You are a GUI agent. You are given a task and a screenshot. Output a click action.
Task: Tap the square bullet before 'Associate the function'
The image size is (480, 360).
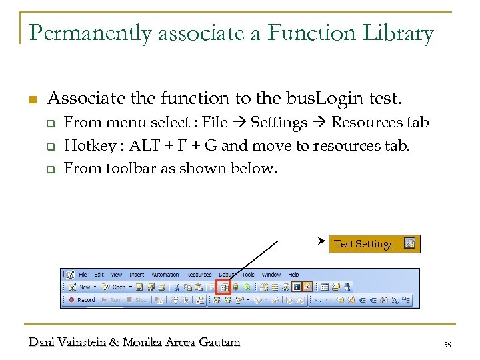pos(31,101)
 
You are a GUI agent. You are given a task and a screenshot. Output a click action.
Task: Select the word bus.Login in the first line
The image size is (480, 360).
pos(322,99)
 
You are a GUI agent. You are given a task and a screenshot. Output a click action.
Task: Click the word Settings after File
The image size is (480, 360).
pos(279,123)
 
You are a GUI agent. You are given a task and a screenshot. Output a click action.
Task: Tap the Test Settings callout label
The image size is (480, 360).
pos(363,244)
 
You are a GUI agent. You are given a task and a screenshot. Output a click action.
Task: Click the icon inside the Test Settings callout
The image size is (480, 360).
pos(409,244)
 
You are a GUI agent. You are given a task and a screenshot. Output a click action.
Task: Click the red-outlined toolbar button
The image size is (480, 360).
pos(224,287)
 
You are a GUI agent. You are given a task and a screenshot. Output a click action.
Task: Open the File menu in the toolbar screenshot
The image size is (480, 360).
pos(83,275)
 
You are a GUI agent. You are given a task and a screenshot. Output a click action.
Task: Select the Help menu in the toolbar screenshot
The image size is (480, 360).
pos(293,275)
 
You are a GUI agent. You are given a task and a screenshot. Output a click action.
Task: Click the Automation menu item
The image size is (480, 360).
pos(165,275)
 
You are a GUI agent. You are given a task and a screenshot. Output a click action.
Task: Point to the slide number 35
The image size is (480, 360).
pos(447,344)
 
